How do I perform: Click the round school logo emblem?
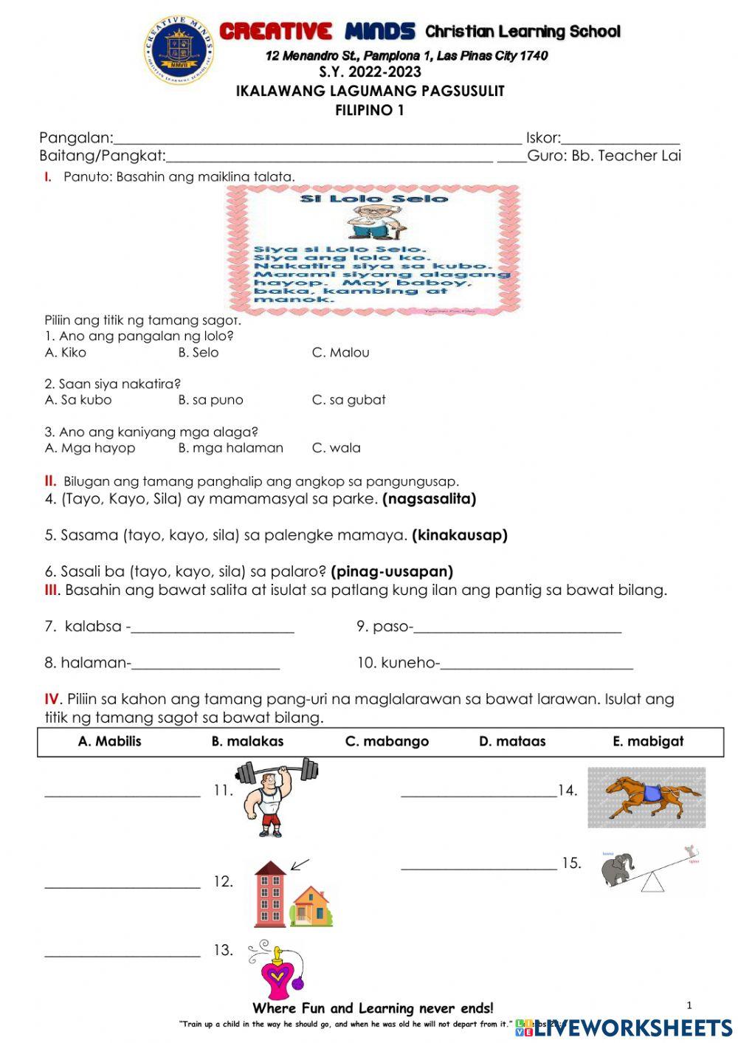point(179,49)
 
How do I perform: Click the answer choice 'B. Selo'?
point(198,353)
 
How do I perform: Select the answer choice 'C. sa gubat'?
point(348,400)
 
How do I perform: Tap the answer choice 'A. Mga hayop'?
point(90,448)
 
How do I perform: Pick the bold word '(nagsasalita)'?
point(429,499)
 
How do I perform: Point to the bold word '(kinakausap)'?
point(459,535)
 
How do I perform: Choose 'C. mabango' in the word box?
point(387,742)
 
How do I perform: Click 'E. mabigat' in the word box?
point(648,742)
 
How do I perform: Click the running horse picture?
point(647,797)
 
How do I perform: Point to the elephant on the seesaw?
point(618,870)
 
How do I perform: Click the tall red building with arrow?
point(270,894)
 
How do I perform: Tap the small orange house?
point(312,906)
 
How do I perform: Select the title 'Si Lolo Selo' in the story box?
point(373,199)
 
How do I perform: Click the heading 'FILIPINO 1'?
point(370,111)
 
